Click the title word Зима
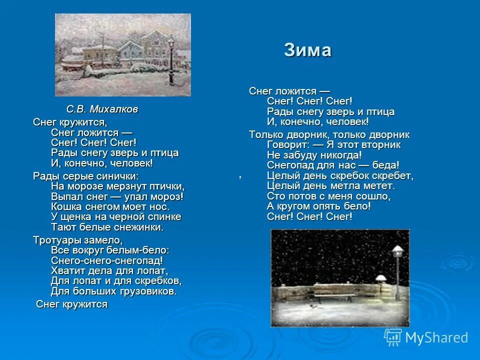click(x=307, y=50)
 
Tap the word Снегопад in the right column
click(x=291, y=165)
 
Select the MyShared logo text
click(x=436, y=337)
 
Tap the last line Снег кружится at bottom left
click(x=72, y=304)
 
